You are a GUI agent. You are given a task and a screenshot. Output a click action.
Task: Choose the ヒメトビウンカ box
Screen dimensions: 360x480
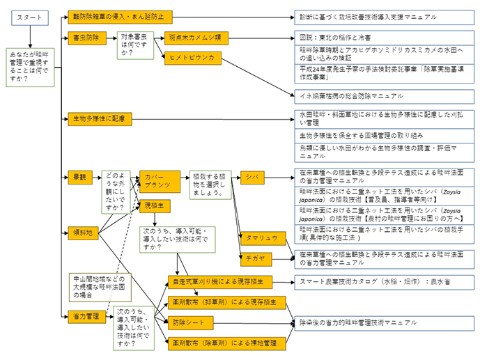(x=192, y=57)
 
